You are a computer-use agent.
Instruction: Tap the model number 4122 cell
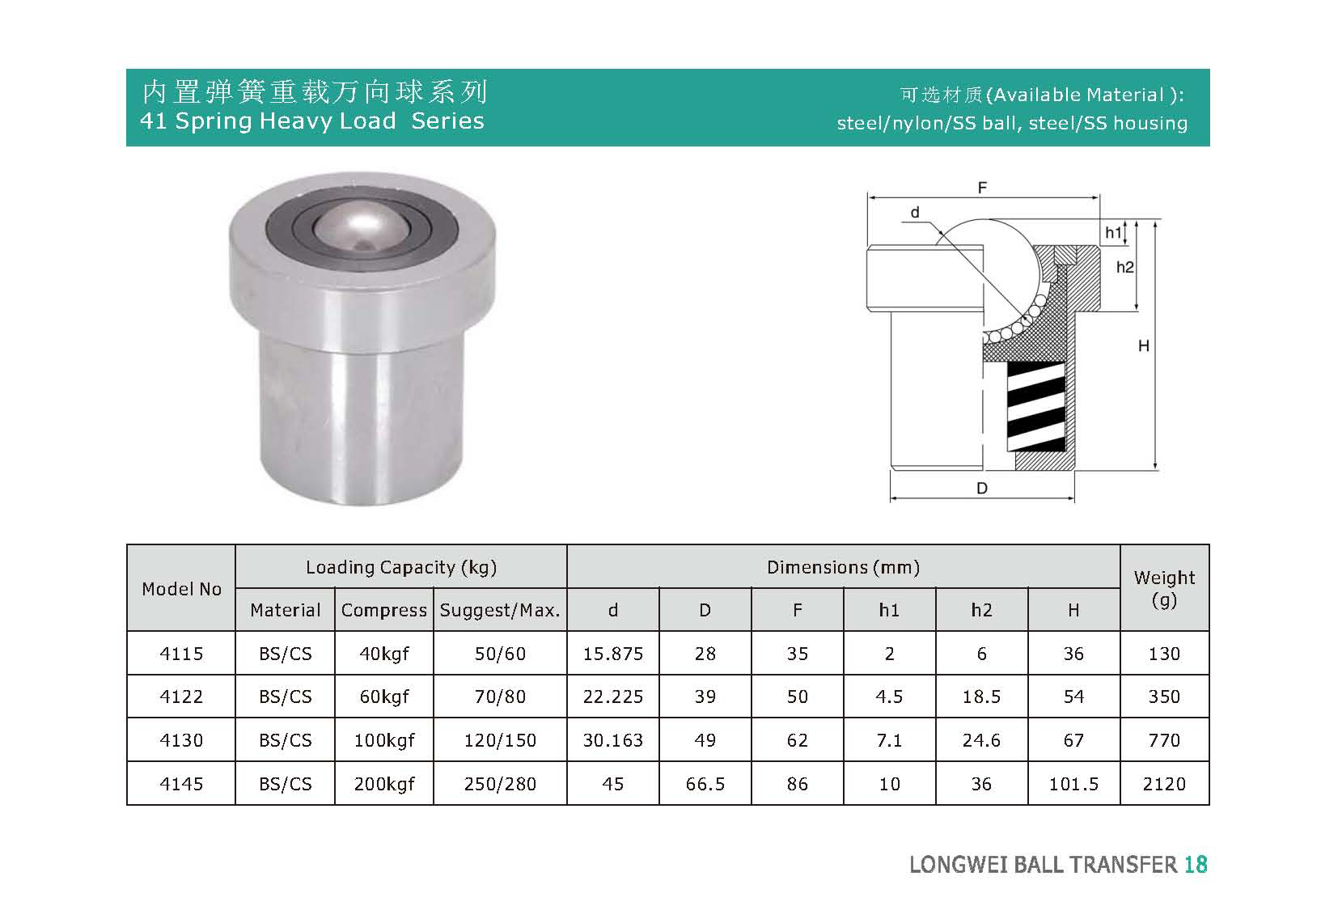click(181, 697)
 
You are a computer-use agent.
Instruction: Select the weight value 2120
click(1164, 784)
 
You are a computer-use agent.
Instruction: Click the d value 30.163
click(613, 740)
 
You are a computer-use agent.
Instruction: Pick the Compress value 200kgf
click(384, 784)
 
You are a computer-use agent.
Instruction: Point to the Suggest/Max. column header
click(500, 611)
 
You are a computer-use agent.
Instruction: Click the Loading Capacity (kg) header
click(401, 567)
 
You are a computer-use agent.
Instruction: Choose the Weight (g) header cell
click(1164, 588)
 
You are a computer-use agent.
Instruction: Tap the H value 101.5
click(1073, 784)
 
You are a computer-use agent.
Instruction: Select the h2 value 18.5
click(981, 697)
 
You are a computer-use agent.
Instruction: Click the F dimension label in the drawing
click(982, 188)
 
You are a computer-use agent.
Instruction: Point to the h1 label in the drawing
click(1114, 234)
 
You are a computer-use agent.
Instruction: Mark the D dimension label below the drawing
click(982, 489)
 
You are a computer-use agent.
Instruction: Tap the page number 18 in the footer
click(1196, 865)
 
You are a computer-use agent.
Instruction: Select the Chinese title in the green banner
click(314, 92)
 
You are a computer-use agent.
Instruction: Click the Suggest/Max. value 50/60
click(500, 654)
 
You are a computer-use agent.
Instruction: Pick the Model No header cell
click(181, 589)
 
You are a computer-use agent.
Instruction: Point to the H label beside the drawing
click(1144, 346)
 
